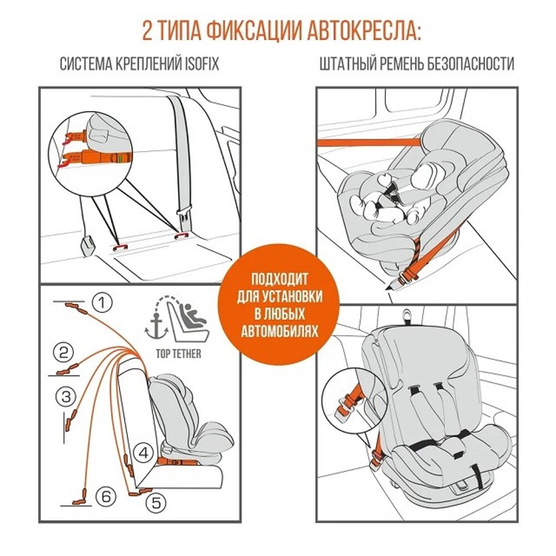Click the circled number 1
coord(102,303)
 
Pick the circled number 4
coord(143,453)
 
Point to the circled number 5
coord(156,503)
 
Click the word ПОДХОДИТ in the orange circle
coord(279,277)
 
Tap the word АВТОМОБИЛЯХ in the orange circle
coord(279,331)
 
